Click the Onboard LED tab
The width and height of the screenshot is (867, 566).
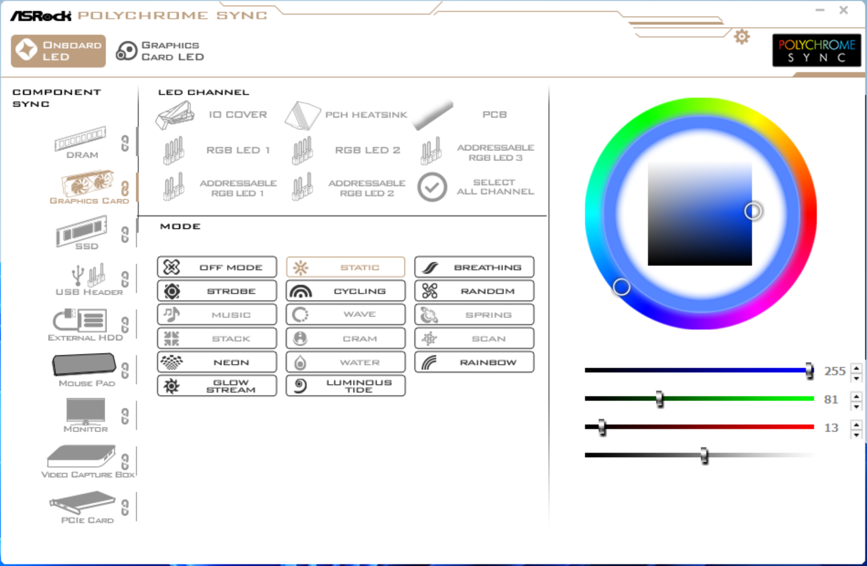pos(58,51)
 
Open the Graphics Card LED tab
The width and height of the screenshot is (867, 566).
pos(160,51)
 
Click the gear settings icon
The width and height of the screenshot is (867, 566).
pos(742,37)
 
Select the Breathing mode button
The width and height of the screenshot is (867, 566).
pos(474,267)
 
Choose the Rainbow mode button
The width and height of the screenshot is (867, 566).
pos(474,362)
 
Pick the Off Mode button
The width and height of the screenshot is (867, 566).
pos(217,267)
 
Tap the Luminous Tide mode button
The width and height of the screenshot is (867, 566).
pos(346,386)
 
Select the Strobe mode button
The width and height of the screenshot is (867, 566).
pos(217,291)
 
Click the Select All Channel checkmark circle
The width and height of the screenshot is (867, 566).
pos(432,187)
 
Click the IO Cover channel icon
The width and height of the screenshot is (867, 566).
pos(175,115)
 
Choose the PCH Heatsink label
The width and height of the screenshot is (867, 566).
pos(366,114)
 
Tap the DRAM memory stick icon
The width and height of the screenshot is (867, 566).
pos(80,138)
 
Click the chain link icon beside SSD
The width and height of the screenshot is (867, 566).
pos(125,234)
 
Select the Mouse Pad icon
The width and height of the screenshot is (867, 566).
pos(84,365)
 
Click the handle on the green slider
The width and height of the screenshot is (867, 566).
pos(660,399)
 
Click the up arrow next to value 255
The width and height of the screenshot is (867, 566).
pos(856,368)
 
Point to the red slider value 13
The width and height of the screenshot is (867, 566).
pos(831,427)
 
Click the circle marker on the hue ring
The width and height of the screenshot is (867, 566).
pos(622,287)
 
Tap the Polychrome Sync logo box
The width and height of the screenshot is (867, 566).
pos(817,51)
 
